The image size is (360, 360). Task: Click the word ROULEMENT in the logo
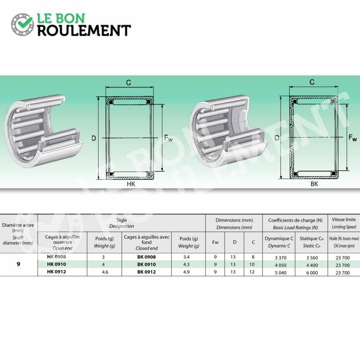click(x=84, y=31)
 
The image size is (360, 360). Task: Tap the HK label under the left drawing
click(x=131, y=184)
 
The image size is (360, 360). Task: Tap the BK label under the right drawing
click(x=314, y=184)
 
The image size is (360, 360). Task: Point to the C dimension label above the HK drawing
click(x=129, y=82)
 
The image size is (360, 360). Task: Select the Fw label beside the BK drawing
click(x=353, y=138)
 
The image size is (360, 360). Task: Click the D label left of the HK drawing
click(x=94, y=138)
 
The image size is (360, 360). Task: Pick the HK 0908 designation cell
click(x=56, y=256)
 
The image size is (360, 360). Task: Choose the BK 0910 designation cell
click(x=147, y=264)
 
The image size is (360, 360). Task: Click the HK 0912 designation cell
click(x=56, y=272)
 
